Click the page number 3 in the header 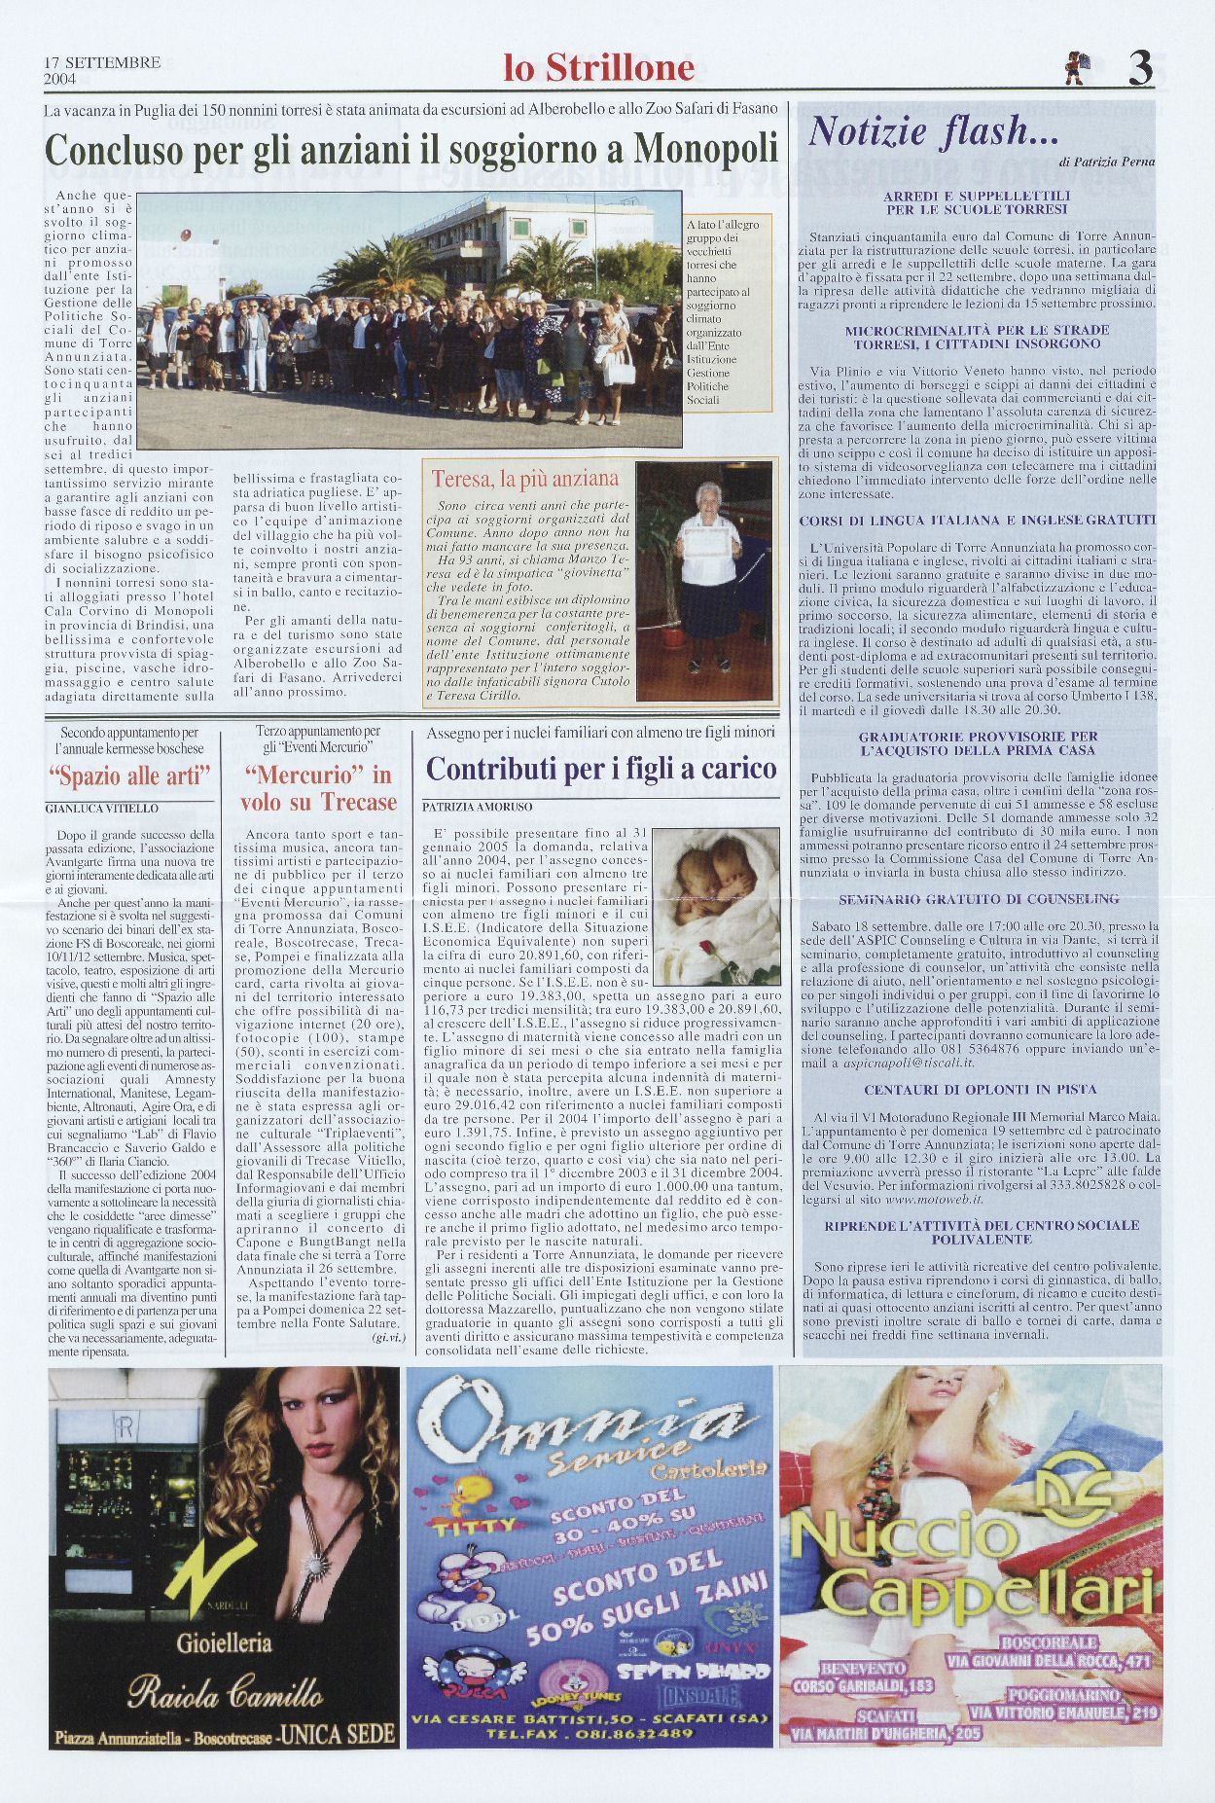coord(1140,67)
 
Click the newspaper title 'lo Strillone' coord(599,67)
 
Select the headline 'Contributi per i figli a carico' coord(602,769)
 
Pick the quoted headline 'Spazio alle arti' coord(130,776)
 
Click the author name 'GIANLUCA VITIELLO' coord(101,809)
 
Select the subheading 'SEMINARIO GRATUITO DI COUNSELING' coord(979,899)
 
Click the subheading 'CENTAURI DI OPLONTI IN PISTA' coord(980,1089)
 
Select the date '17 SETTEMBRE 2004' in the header coord(101,68)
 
